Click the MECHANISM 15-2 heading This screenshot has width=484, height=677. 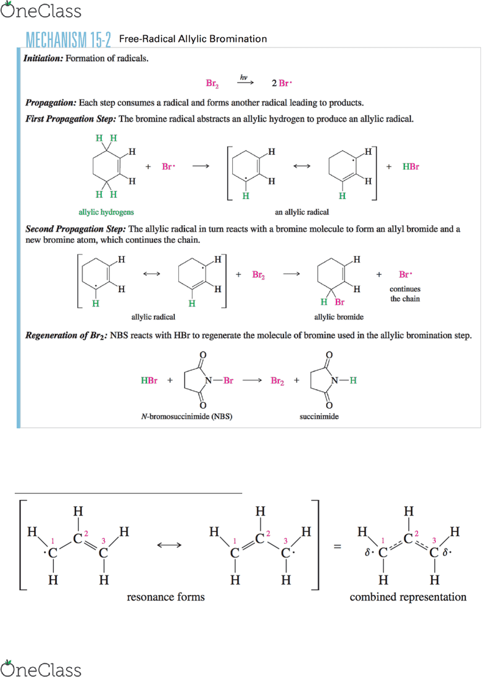tap(69, 39)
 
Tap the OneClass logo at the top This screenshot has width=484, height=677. tap(41, 10)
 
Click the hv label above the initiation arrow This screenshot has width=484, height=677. tap(244, 77)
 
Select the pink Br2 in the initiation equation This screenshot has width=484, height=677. tap(212, 83)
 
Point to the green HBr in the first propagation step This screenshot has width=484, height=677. tap(411, 166)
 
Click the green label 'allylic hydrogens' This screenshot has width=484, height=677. tap(106, 212)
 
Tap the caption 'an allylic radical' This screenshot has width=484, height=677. tap(302, 212)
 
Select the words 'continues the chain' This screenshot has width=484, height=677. tap(405, 294)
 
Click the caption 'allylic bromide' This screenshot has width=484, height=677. tap(339, 317)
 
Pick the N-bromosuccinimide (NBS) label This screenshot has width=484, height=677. tap(186, 417)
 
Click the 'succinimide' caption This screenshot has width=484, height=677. tap(319, 417)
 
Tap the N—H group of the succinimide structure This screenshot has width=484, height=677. tap(343, 380)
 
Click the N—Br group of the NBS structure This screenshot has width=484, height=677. tap(219, 380)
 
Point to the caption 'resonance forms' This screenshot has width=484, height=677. tap(165, 597)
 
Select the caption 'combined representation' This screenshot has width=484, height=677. tap(408, 597)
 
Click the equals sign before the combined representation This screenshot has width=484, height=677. tap(338, 547)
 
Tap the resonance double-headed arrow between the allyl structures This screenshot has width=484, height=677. tap(169, 545)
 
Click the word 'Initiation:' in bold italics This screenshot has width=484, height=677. tap(43, 59)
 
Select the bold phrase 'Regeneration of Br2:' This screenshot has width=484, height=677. tap(67, 336)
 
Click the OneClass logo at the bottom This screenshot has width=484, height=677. tap(41, 668)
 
